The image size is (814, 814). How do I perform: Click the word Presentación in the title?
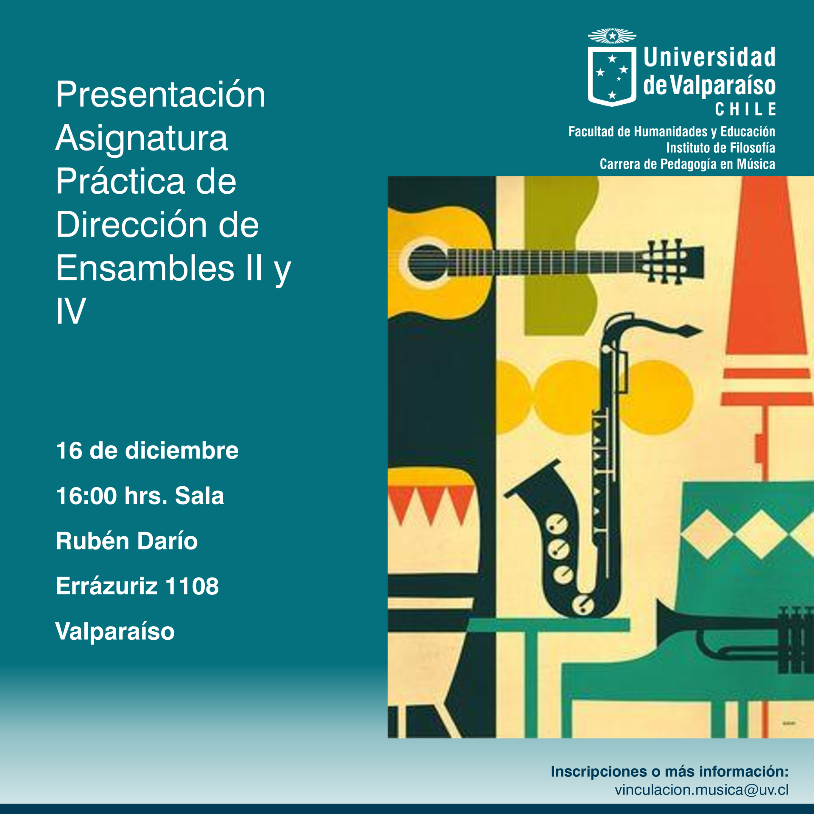(161, 95)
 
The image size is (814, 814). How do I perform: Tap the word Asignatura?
(142, 138)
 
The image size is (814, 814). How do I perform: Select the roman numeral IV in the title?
(71, 311)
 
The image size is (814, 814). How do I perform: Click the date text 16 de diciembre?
(147, 450)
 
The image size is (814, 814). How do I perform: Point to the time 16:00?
(86, 496)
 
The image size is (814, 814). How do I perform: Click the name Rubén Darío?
(127, 541)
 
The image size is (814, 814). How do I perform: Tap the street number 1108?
(192, 586)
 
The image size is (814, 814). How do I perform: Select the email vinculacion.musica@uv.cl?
(702, 790)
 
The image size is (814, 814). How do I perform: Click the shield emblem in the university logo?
(612, 76)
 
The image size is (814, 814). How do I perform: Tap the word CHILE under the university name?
(745, 109)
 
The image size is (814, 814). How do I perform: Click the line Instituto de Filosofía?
(721, 148)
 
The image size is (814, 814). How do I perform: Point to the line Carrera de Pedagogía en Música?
(687, 164)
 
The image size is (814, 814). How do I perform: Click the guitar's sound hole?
(427, 263)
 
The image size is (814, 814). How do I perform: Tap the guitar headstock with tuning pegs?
(672, 261)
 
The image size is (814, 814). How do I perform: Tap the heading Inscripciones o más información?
(670, 771)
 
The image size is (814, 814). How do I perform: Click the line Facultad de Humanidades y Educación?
(672, 131)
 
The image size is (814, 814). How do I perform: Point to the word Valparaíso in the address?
(115, 632)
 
